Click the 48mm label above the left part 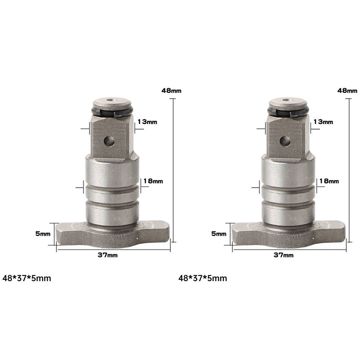click(x=171, y=90)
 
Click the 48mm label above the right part click(x=347, y=90)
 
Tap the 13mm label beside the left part click(x=147, y=121)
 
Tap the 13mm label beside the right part click(x=323, y=121)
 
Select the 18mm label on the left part click(x=153, y=181)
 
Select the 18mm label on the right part click(x=329, y=181)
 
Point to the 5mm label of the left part click(x=43, y=234)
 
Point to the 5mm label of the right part click(x=219, y=234)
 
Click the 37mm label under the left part click(x=108, y=255)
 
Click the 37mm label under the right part click(x=283, y=255)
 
